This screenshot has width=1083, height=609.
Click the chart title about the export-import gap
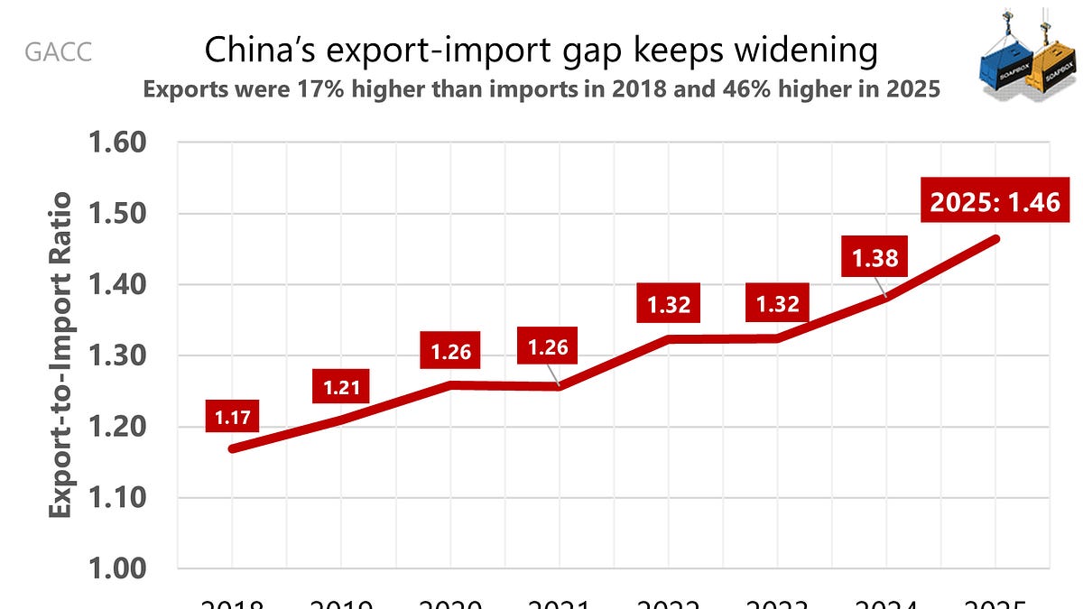[541, 51]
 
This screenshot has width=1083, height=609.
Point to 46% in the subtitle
[815, 91]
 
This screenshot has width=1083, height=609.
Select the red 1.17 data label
[233, 418]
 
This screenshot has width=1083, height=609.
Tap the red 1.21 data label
[342, 388]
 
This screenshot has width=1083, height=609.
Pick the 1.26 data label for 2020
[450, 352]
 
